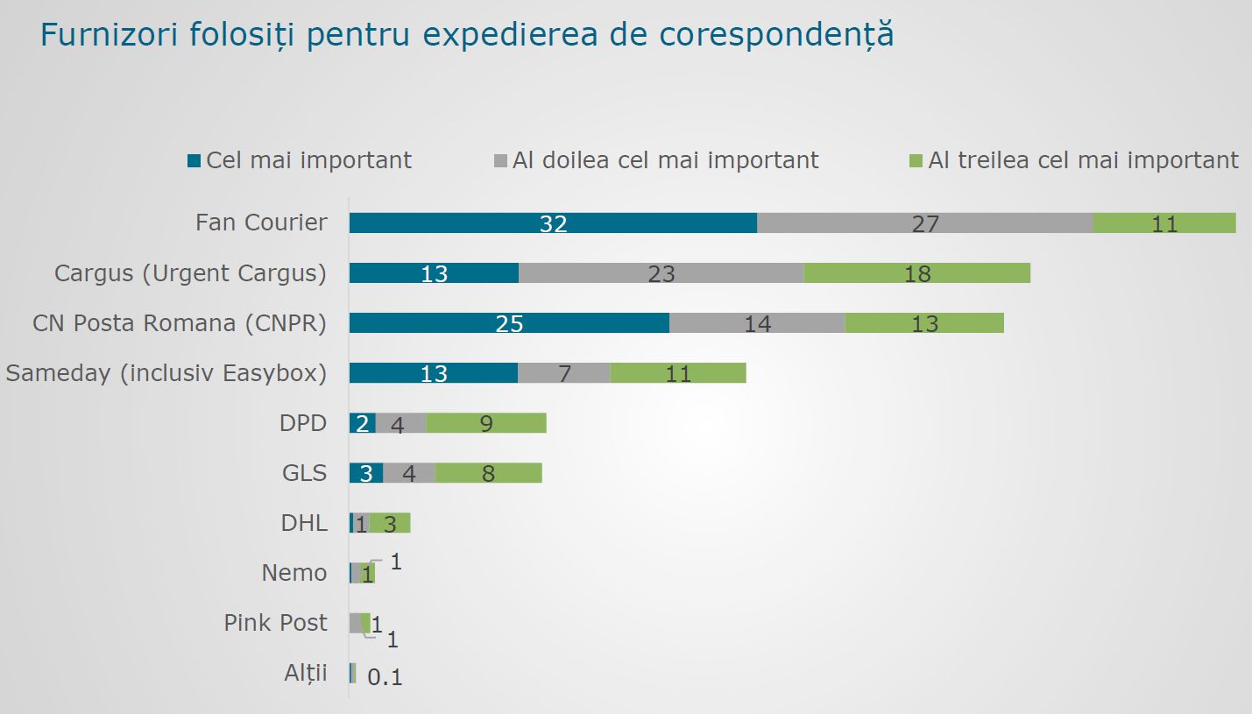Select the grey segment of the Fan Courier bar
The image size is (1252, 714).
tap(924, 223)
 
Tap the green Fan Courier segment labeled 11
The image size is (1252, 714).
tap(1164, 223)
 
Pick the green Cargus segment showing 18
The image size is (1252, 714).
tap(916, 272)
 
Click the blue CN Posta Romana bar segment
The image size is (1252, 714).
tap(509, 322)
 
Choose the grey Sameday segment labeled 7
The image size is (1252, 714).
tap(564, 373)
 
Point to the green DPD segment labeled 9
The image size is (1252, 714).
tap(486, 423)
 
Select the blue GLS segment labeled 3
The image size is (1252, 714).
tap(366, 473)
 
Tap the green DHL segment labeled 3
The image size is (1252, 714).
tap(390, 523)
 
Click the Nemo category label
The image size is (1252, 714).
tap(294, 573)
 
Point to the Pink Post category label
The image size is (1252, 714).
tap(275, 623)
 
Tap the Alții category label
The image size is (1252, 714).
tap(306, 673)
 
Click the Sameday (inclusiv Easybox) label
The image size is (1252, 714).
tap(166, 373)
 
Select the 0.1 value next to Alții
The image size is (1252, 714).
tap(385, 676)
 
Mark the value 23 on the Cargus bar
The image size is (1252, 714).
tap(661, 273)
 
